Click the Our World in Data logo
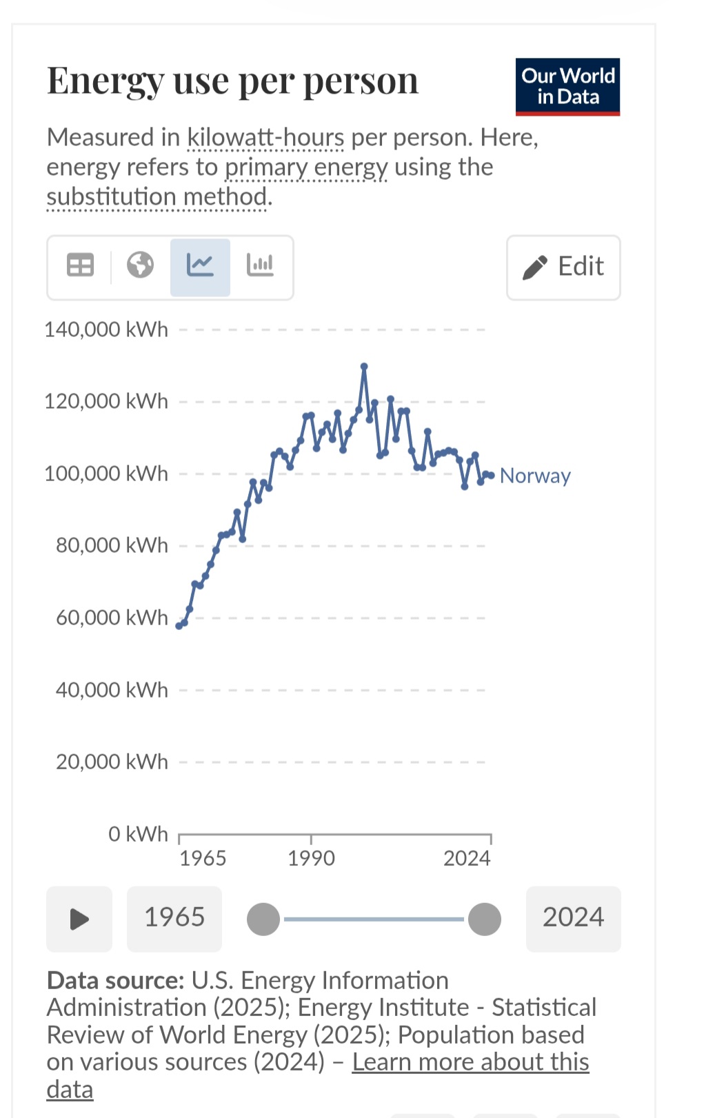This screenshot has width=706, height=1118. [567, 87]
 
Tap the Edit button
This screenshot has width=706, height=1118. [563, 267]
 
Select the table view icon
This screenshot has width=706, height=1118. [80, 265]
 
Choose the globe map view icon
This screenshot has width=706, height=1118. [140, 265]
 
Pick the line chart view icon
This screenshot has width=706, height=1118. [200, 265]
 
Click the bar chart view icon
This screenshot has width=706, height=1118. [260, 265]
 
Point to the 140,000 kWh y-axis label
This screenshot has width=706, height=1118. [106, 329]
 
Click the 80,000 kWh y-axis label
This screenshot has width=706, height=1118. [112, 545]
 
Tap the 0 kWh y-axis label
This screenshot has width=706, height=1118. [138, 834]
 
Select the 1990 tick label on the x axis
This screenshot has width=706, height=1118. [311, 858]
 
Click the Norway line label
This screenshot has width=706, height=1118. [535, 476]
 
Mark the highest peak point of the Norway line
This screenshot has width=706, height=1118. [364, 366]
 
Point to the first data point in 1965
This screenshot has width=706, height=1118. [179, 626]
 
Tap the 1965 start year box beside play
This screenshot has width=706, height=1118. [174, 918]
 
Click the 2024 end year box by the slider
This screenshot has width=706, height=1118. [573, 918]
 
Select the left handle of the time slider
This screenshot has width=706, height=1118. [263, 919]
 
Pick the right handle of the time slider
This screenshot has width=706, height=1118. [485, 919]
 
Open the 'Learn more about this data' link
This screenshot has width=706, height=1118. [470, 1062]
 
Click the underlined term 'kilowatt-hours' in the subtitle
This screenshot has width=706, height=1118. [265, 138]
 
